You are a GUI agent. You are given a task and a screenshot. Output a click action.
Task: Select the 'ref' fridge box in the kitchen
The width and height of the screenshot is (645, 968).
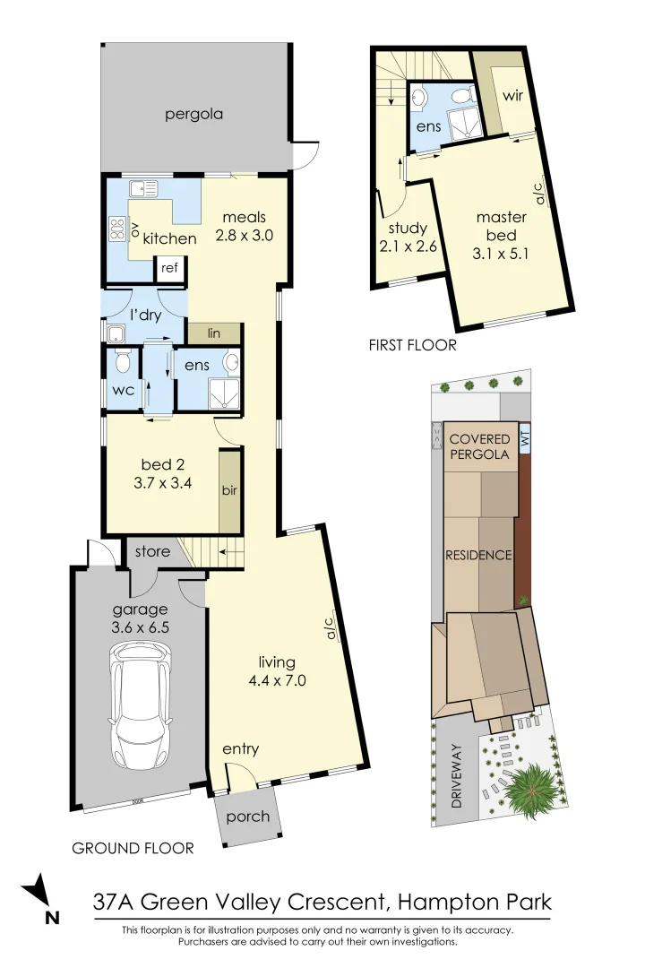169,267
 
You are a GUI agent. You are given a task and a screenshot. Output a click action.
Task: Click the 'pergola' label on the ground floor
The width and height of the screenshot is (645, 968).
193,115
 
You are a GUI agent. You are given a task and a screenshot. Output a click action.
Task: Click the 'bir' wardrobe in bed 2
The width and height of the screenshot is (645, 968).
230,492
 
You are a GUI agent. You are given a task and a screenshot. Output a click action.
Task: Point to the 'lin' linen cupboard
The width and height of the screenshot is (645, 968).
214,333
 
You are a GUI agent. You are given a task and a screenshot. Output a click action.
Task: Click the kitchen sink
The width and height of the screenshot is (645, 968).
144,189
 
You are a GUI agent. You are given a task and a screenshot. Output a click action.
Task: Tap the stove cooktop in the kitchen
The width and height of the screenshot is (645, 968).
116,230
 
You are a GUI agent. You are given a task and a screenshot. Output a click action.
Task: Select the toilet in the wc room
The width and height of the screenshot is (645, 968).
124,362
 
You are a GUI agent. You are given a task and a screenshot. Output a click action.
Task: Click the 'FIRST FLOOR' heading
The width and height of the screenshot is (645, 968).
413,344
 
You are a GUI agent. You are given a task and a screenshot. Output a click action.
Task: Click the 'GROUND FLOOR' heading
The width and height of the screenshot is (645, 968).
133,848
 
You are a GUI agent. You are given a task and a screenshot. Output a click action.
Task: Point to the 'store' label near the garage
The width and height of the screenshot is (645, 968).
152,551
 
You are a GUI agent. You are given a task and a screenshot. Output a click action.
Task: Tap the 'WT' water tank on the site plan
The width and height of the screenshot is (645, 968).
525,439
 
